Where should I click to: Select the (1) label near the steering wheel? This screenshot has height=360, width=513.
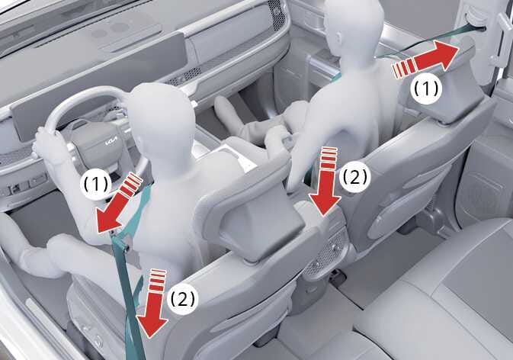[95, 185]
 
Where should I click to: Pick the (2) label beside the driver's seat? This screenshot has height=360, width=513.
[183, 299]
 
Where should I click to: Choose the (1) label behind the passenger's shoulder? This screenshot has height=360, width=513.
[428, 88]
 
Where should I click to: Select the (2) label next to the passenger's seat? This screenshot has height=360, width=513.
[355, 178]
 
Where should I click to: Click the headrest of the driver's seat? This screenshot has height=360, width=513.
[258, 216]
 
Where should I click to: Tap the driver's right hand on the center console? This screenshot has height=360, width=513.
[278, 137]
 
